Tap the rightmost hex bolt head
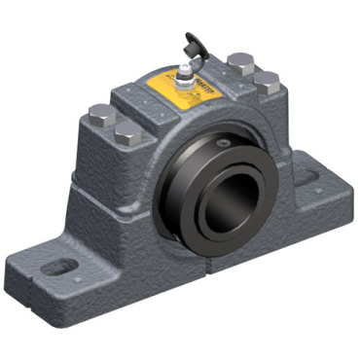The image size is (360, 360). tap(268, 82)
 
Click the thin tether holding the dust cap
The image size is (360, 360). tap(195, 58)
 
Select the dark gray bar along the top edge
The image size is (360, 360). tap(180, 11)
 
